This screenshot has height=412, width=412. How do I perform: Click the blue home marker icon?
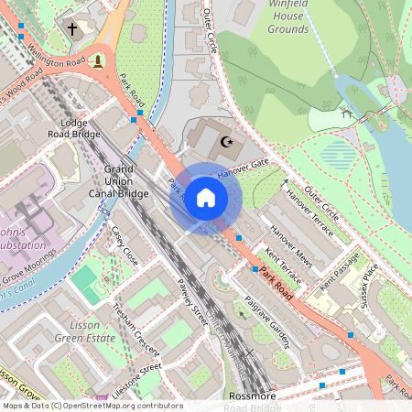coord(206,198)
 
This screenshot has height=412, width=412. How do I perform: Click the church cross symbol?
coord(72,29)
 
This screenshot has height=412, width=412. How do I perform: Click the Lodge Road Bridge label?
coord(73,128)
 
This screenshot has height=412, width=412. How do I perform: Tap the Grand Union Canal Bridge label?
coord(119,181)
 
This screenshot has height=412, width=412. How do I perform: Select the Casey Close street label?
coord(124,245)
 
